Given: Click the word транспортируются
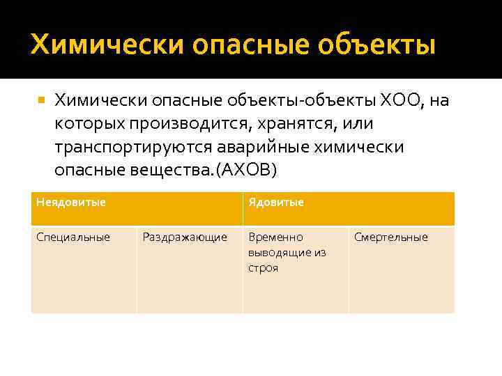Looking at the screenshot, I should point(135,147).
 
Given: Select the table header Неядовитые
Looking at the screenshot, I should point(71,203).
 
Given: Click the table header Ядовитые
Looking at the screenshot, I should point(276,203).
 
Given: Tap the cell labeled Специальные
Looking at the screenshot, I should point(73,237).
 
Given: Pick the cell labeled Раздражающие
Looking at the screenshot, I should point(185,237).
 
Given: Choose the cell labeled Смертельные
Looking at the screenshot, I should point(391,237).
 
